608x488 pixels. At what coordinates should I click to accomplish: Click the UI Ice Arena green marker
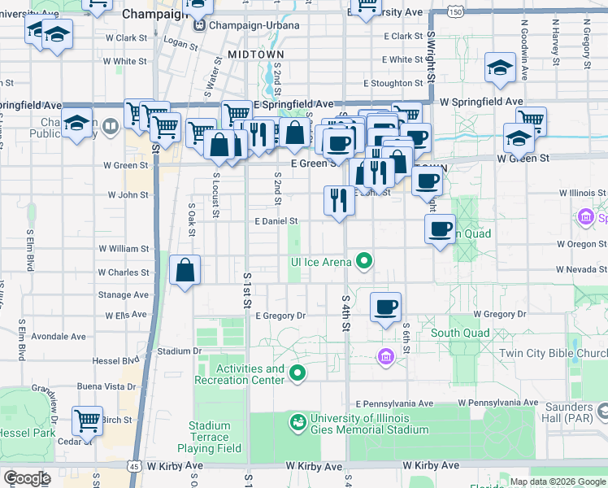point(365,261)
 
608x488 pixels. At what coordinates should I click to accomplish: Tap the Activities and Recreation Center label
point(240,374)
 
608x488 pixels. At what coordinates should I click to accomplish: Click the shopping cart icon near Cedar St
point(87,420)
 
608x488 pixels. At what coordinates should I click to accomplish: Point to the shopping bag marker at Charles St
point(185,271)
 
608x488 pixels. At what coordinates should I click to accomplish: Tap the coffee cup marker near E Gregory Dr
point(385,307)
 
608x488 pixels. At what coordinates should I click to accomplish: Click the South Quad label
point(460,333)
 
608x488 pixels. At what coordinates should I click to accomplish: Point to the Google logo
point(27,478)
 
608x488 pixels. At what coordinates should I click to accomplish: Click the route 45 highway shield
point(132,466)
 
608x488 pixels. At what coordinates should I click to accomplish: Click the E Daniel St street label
point(276,220)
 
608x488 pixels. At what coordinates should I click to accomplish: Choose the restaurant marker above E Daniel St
point(338,199)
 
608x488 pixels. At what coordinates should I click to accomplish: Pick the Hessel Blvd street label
point(119,359)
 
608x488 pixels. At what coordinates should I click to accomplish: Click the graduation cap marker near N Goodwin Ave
point(500,68)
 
